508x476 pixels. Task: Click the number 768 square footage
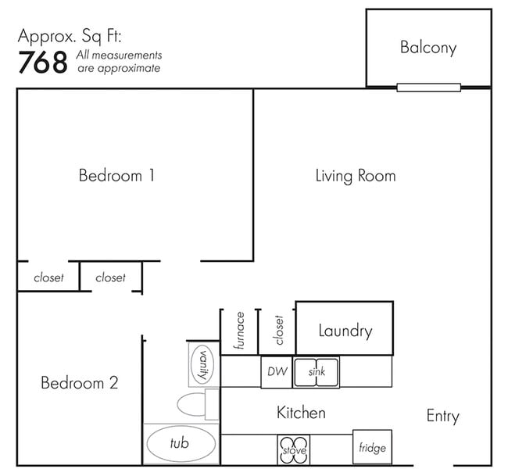coord(43,63)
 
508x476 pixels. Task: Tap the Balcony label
coord(428,48)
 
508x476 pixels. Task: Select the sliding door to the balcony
coord(428,88)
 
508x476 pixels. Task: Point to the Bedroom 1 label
coord(116,176)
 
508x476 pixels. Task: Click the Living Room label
coord(356,176)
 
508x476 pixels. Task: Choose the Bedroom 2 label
coord(80,383)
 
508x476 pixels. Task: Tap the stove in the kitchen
coord(294,449)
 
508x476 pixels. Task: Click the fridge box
coord(372,447)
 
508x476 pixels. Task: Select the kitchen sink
coord(317,372)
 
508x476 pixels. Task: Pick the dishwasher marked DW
coord(277,372)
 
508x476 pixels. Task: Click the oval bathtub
coord(181,444)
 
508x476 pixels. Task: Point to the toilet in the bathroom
coord(198,404)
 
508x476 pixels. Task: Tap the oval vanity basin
coord(202,364)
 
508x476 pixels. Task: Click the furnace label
coord(239,331)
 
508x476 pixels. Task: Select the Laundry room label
coord(345,331)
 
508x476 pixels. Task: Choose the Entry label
coord(443,416)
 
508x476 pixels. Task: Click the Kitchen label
coord(302,413)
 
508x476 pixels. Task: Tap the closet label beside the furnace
coord(278,330)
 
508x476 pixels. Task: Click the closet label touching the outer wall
coord(48,277)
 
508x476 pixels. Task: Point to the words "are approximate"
coord(119,68)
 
